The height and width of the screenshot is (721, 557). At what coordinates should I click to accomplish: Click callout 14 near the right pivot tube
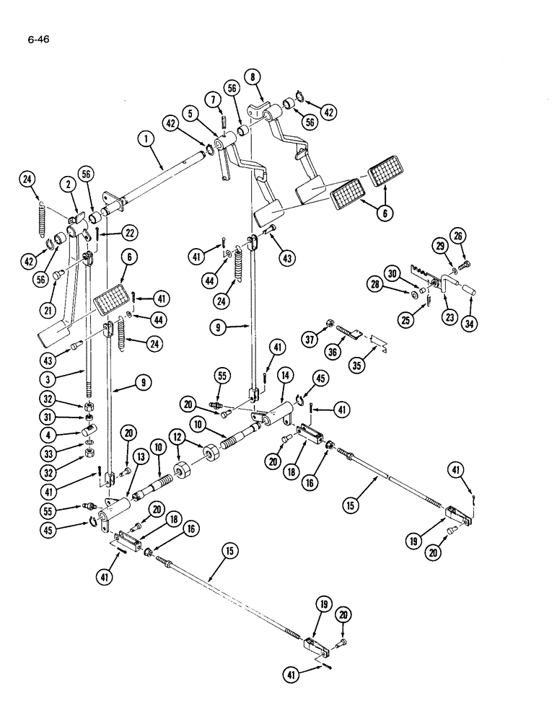tap(285, 374)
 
